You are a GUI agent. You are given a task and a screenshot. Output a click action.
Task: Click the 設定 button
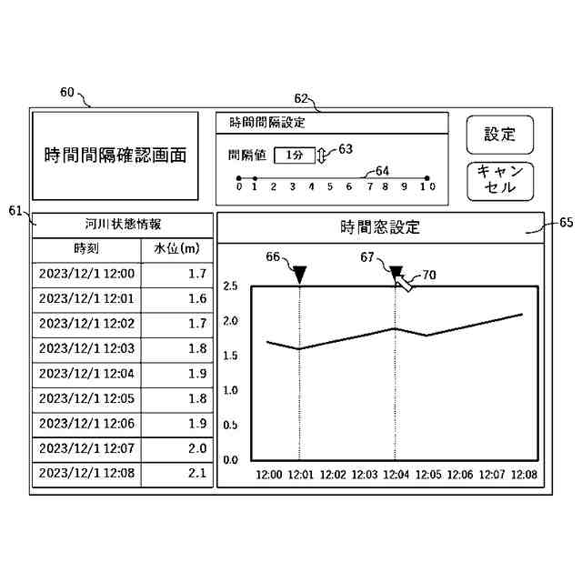499,135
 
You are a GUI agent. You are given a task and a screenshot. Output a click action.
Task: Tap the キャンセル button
499,181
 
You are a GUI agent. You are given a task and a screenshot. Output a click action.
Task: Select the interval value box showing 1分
294,156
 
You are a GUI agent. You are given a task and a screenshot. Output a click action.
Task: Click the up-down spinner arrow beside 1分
321,156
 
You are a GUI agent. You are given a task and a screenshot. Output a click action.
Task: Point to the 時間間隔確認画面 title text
115,156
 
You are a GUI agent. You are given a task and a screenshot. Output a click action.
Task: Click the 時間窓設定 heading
380,227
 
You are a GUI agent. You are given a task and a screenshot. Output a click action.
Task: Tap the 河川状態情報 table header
123,224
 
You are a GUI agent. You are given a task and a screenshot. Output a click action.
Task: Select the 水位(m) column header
177,248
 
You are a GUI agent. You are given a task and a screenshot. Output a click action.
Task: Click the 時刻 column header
86,248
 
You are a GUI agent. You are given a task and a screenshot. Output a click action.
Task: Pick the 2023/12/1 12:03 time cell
86,348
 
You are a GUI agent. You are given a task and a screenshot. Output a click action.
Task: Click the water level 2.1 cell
177,474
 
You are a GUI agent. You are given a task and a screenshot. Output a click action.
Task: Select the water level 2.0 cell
177,448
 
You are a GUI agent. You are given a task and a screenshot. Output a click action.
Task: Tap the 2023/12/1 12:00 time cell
86,273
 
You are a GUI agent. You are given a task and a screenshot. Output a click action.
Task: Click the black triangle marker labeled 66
300,272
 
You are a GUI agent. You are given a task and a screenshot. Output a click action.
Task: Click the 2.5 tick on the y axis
230,286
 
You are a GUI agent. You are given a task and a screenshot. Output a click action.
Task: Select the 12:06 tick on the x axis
460,475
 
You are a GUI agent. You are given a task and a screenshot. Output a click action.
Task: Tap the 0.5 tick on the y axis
230,426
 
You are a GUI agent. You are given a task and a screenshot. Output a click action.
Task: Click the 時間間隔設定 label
267,122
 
